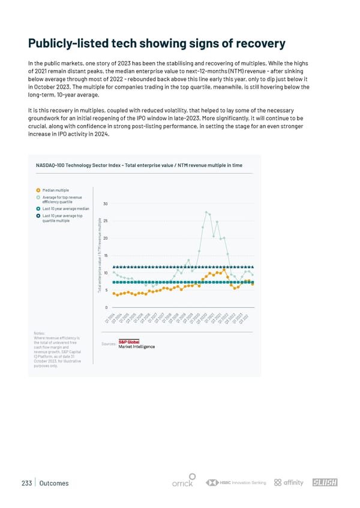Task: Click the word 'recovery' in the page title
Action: point(249,44)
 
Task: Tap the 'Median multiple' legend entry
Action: point(55,190)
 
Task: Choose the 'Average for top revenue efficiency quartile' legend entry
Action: point(62,199)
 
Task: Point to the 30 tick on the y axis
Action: point(106,204)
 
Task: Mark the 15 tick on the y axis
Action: point(106,256)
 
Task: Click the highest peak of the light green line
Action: point(206,212)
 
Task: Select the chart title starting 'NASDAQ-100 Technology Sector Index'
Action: point(139,164)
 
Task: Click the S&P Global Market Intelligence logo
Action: point(136,344)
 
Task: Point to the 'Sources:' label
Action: point(109,344)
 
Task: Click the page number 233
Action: point(25,483)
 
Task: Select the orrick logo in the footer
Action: point(182,483)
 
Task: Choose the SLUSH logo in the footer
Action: point(326,483)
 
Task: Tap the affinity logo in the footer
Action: point(289,483)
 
